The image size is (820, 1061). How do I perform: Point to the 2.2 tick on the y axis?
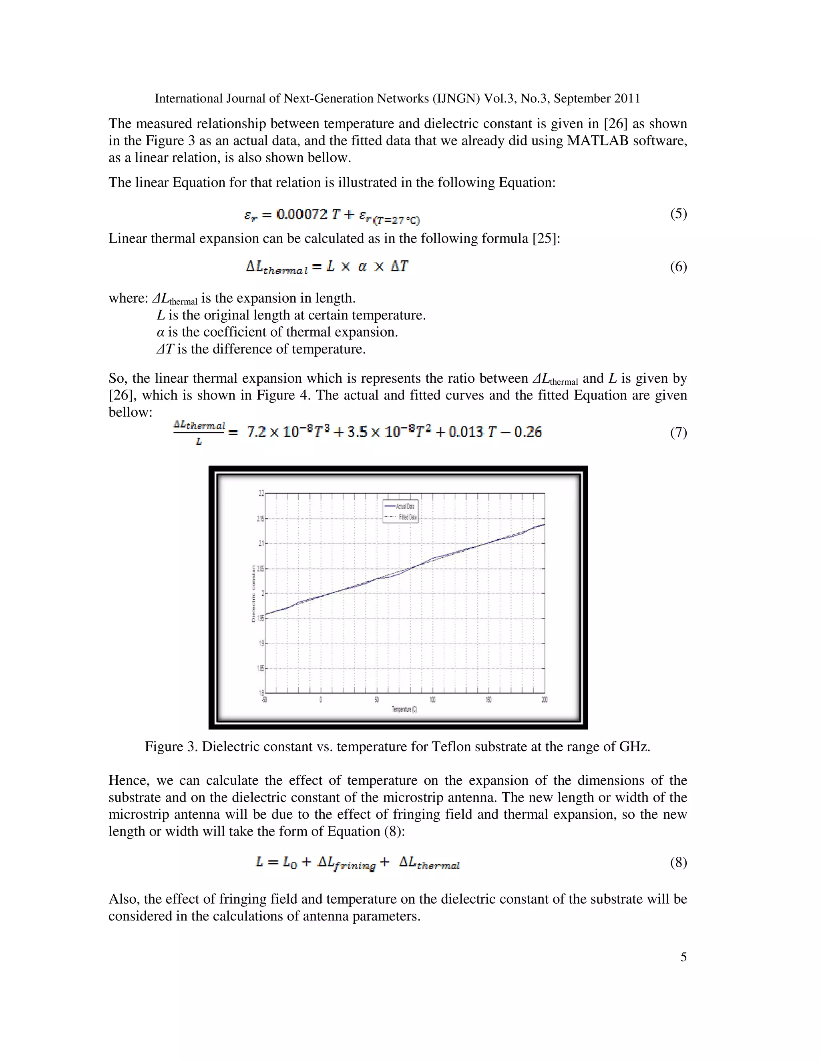261,493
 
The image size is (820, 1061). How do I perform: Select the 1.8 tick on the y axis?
261,693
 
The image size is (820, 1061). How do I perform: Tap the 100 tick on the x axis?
432,700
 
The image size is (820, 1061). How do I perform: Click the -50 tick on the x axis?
264,700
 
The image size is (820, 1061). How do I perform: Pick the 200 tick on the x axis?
544,700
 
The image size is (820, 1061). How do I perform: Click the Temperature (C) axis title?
404,709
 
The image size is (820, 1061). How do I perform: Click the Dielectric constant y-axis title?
253,594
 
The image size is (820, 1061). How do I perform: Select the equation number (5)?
678,214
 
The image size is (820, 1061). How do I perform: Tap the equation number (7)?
678,432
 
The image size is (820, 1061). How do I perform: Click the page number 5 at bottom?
683,957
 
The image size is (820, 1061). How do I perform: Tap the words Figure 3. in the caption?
171,746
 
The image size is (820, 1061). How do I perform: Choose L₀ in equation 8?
289,863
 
